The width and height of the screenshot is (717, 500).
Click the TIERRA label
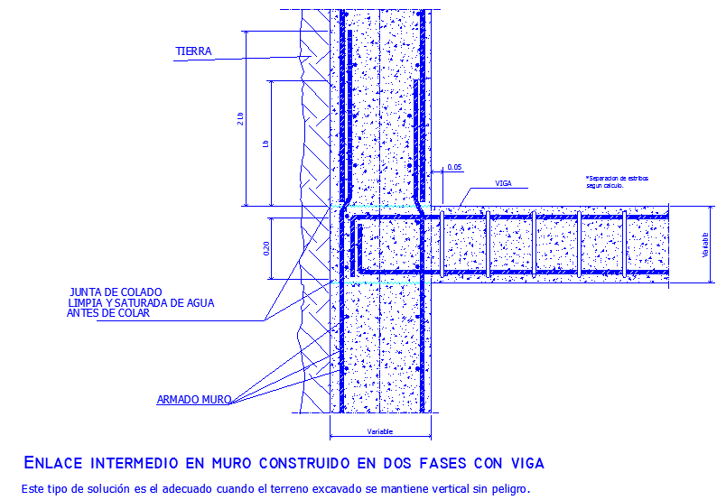[193, 51]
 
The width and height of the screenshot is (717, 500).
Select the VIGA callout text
[503, 183]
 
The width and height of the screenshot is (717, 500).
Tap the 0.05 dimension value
[454, 167]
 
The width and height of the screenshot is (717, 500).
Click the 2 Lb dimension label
[240, 118]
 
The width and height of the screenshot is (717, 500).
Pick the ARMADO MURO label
[194, 398]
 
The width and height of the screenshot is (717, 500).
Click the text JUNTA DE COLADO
[116, 292]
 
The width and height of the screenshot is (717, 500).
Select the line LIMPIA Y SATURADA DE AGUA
[140, 302]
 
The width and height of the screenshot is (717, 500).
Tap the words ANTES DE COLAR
[107, 313]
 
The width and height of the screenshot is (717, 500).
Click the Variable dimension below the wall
[381, 431]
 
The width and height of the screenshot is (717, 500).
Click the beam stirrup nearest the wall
[488, 244]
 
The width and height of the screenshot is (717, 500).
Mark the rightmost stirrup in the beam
[623, 244]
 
